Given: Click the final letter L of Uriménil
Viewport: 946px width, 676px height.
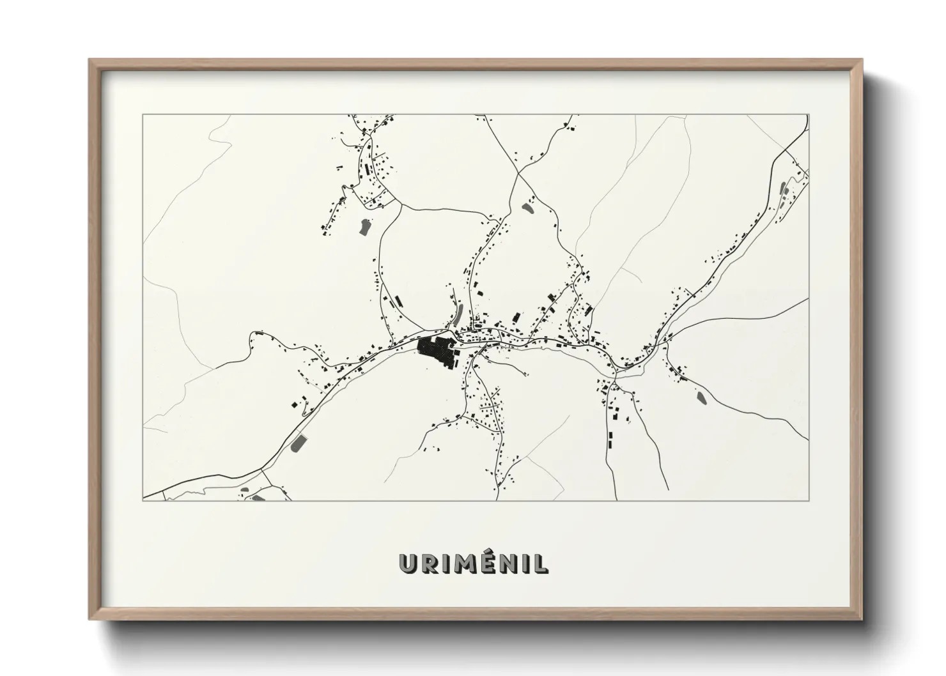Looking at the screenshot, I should [x=540, y=563].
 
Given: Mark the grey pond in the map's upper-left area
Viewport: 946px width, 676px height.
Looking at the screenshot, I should [x=364, y=226].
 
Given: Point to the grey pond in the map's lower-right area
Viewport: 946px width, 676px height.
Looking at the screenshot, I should [x=701, y=397].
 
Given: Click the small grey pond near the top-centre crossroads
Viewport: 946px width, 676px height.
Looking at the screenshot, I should [x=527, y=207].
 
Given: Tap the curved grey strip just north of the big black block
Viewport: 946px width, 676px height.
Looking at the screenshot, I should [x=458, y=314].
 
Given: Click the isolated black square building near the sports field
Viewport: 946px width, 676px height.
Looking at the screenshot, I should [x=295, y=404].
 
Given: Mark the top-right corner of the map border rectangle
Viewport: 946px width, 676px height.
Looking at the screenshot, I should [x=809, y=114].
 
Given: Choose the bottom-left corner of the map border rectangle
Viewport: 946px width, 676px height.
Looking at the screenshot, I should [x=143, y=500].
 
